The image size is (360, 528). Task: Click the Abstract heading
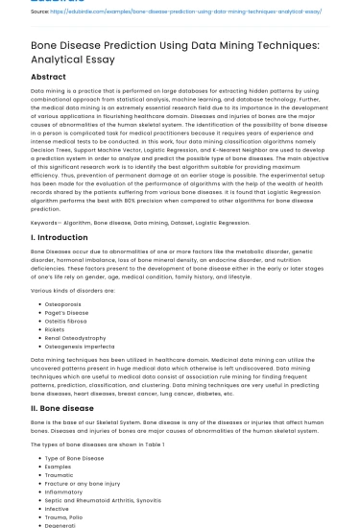(49, 77)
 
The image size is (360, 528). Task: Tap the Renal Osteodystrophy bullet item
(78, 338)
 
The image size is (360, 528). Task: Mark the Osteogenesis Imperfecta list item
(82, 347)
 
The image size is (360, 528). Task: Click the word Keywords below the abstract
(49, 222)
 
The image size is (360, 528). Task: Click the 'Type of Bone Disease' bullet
(74, 457)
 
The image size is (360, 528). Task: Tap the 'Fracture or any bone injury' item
(84, 483)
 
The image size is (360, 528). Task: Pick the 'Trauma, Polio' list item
(66, 517)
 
